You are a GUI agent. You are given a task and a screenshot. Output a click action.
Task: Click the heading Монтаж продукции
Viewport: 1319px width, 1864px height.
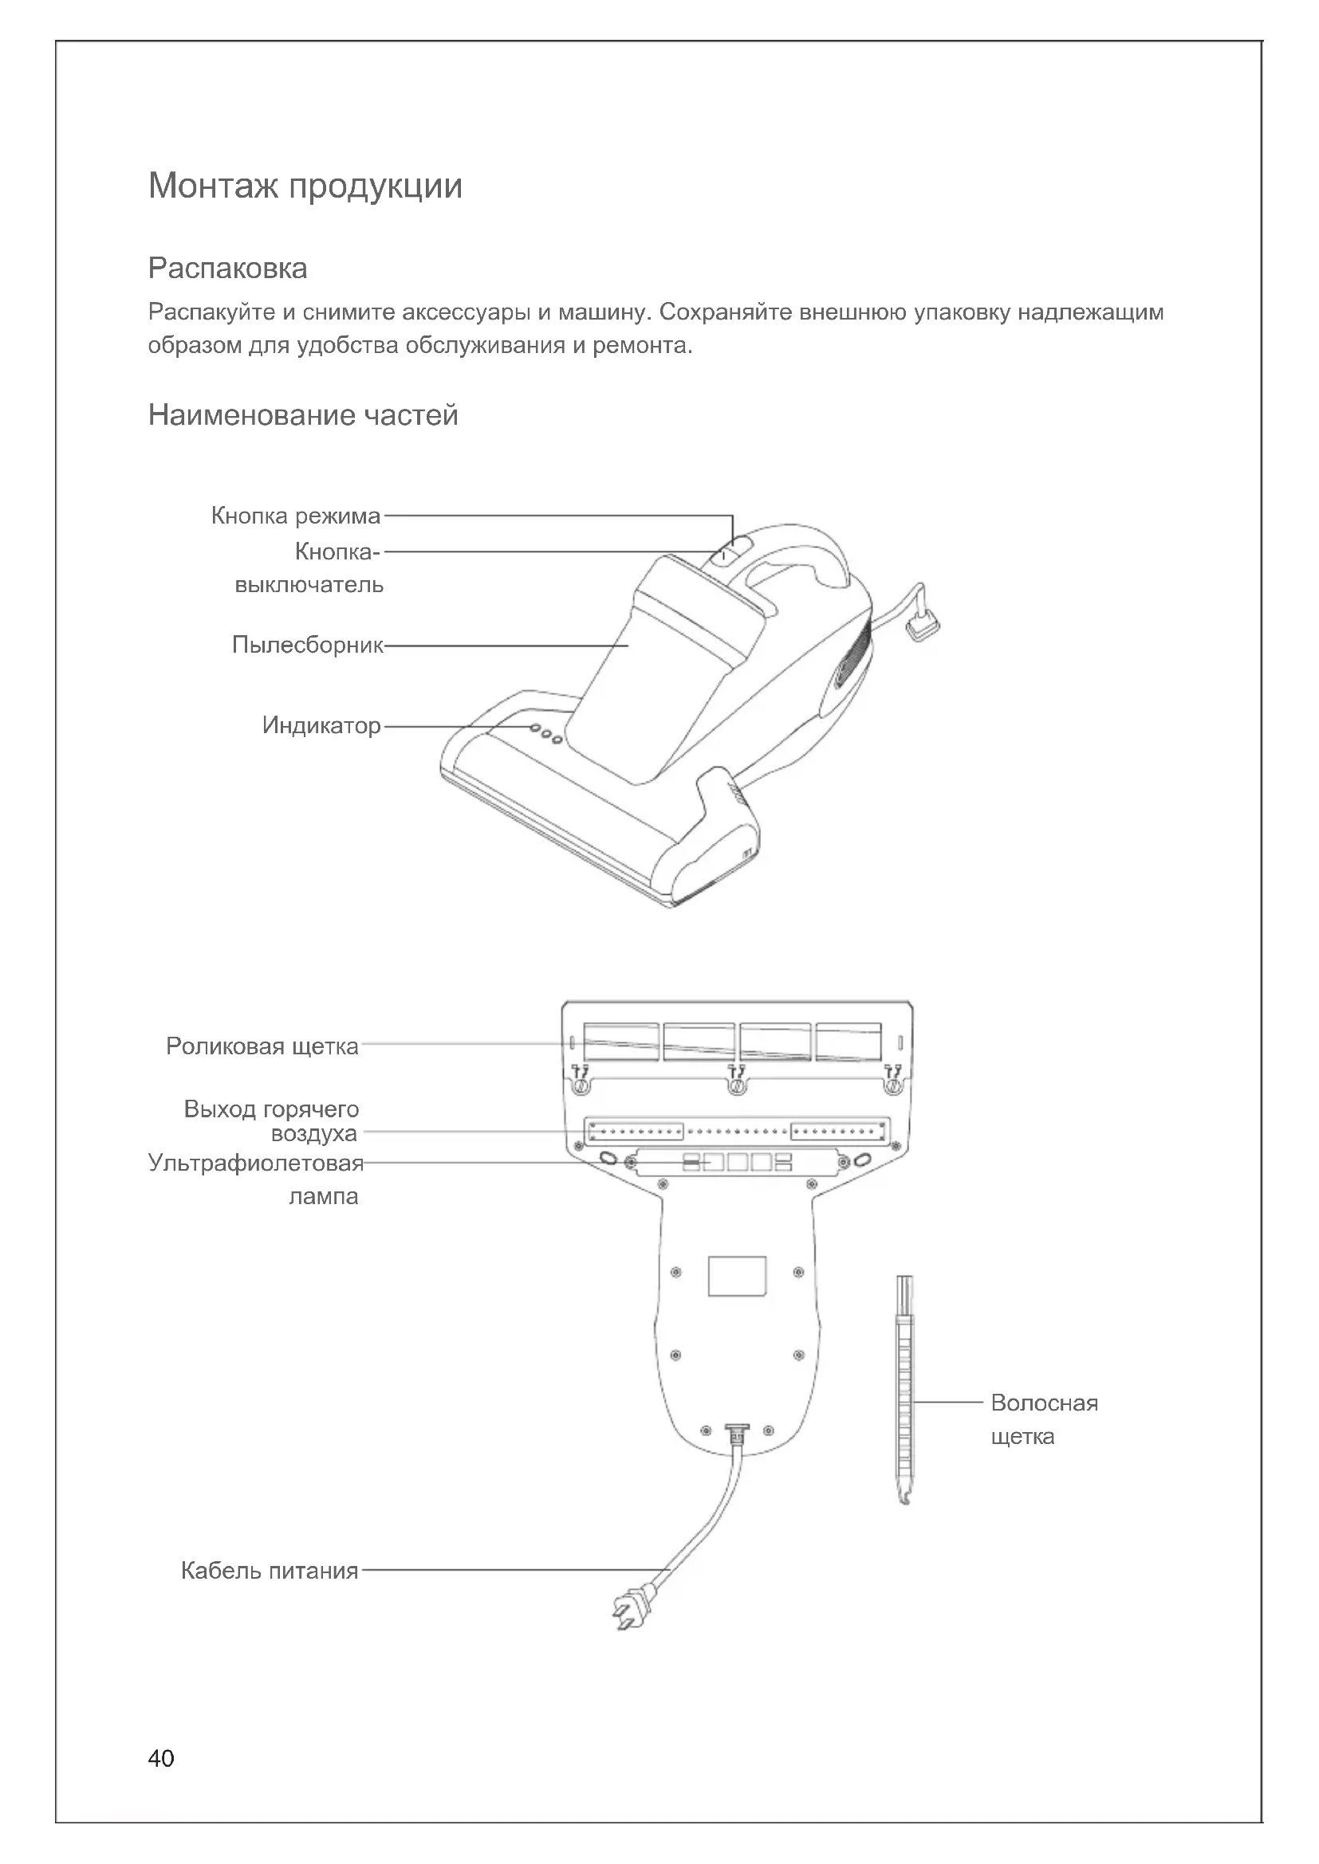[x=305, y=186]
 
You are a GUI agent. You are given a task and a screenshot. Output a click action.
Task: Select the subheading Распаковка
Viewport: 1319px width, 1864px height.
[x=227, y=269]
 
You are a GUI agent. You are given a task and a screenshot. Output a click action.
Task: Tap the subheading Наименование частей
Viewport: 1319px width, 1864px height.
[x=303, y=415]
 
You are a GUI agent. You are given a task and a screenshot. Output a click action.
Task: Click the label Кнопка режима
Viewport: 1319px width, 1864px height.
[x=296, y=516]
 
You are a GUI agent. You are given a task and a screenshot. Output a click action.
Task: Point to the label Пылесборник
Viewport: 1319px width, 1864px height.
[x=307, y=645]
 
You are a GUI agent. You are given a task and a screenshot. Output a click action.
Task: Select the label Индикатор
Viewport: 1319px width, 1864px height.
[x=321, y=725]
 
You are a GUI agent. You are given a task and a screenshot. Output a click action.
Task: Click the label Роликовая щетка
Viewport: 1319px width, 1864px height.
[x=262, y=1046]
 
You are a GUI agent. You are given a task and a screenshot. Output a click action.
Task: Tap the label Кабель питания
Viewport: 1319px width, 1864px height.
[x=269, y=1571]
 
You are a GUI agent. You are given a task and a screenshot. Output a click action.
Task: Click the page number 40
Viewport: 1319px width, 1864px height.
[x=161, y=1759]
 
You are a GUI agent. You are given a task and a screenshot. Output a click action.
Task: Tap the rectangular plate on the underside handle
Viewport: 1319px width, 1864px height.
[x=737, y=1276]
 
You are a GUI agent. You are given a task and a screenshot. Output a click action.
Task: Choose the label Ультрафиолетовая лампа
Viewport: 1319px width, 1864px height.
[x=255, y=1179]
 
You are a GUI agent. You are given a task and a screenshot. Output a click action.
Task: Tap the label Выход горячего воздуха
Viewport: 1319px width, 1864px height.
[x=271, y=1121]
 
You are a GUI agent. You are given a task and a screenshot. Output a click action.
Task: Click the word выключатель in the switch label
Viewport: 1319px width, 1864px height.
[x=309, y=584]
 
